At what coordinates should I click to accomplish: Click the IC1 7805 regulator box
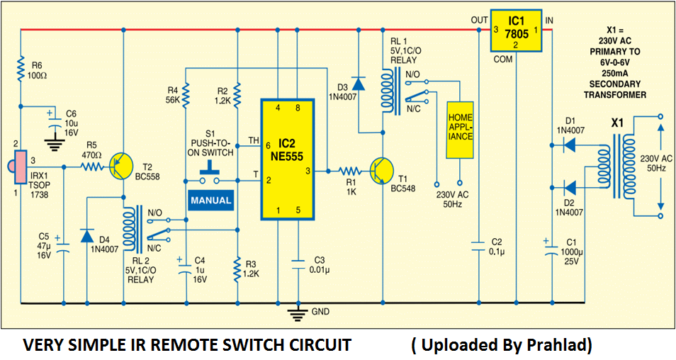point(517,30)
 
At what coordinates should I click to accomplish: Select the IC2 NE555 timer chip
point(288,159)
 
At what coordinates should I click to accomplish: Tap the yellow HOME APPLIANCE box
point(460,130)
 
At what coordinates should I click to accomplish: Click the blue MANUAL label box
point(211,201)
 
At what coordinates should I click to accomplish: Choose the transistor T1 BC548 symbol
point(381,171)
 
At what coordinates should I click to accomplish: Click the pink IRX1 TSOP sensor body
point(20,167)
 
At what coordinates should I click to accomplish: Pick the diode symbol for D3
point(359,84)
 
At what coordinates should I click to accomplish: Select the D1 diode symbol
point(569,145)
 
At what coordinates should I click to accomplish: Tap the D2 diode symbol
point(569,188)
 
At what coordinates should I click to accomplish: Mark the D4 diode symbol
point(86,236)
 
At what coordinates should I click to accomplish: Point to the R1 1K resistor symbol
point(349,171)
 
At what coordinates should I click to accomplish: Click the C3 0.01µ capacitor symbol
point(298,264)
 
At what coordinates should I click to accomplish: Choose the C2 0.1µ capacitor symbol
point(478,247)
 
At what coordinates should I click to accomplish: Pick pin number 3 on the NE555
point(308,171)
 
